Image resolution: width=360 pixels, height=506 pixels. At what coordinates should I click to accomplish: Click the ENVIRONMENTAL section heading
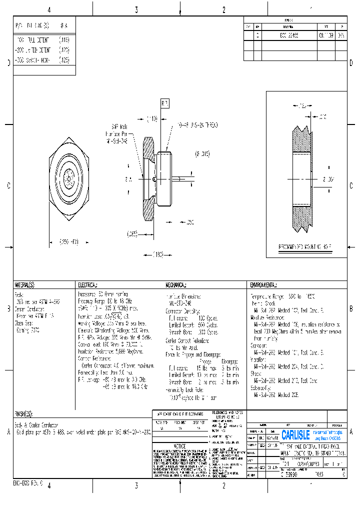(262, 285)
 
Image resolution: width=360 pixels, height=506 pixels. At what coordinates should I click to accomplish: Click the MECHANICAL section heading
(176, 285)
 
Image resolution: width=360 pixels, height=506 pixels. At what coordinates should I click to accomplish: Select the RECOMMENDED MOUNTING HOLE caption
(305, 247)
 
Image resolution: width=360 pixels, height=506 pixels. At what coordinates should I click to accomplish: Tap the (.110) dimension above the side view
(152, 119)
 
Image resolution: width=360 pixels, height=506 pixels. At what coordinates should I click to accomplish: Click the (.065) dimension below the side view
(132, 233)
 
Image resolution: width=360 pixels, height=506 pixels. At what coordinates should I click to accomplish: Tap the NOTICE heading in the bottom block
(179, 446)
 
